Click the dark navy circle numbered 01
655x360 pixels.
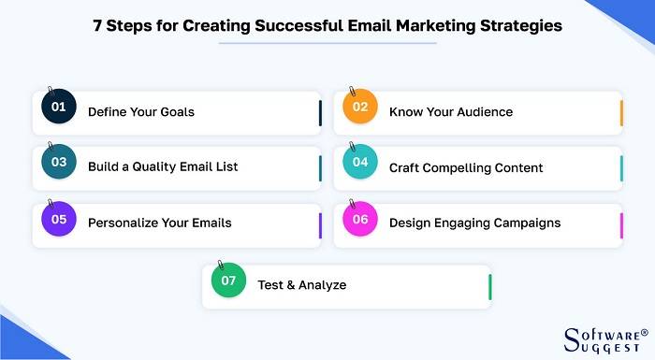[x=59, y=108]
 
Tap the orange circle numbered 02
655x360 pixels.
[x=360, y=108]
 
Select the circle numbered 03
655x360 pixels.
[x=59, y=163]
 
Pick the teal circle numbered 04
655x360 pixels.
[x=360, y=163]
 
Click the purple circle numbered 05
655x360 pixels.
[x=59, y=220]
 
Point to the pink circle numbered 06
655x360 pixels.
[x=360, y=220]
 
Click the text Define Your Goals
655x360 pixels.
[x=141, y=112]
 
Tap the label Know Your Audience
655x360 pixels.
[x=451, y=112]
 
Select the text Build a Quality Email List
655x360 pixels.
[x=163, y=166]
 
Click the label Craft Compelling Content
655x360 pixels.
[x=466, y=167]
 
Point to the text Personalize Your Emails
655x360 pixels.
[x=160, y=223]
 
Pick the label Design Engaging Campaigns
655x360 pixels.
[x=474, y=223]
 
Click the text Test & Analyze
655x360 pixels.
[x=302, y=284]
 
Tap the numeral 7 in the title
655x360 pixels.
[x=97, y=26]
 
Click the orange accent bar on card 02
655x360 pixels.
[x=621, y=112]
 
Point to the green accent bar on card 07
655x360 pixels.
[x=489, y=286]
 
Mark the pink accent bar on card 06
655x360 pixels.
[x=621, y=224]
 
